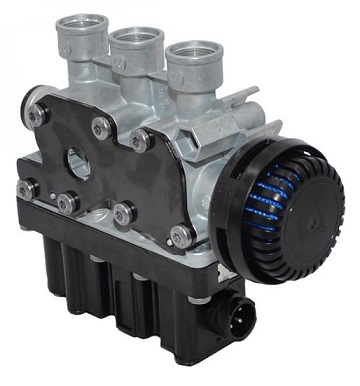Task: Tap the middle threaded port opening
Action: tap(137, 37)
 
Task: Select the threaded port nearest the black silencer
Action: tap(192, 53)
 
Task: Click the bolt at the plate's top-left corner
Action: tap(38, 116)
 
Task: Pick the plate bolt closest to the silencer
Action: tap(181, 236)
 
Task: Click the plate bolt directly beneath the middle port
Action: tap(102, 127)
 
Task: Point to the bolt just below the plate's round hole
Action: tap(68, 203)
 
